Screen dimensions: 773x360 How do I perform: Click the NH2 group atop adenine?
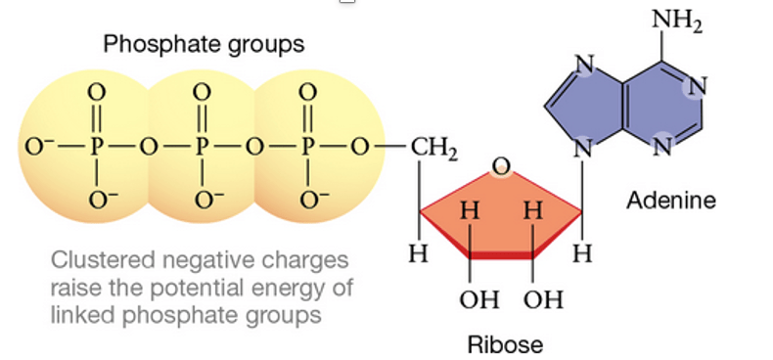pyautogui.click(x=677, y=22)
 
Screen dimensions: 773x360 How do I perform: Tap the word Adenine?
pyautogui.click(x=671, y=201)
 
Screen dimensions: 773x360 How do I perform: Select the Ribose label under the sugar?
pyautogui.click(x=505, y=344)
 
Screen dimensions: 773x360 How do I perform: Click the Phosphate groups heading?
pyautogui.click(x=204, y=45)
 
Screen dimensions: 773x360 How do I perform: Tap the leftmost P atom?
pyautogui.click(x=97, y=148)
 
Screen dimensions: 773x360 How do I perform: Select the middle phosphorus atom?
pyautogui.click(x=203, y=148)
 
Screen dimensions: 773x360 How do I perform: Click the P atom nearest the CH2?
pyautogui.click(x=308, y=148)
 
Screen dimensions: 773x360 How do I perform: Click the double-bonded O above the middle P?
pyautogui.click(x=203, y=91)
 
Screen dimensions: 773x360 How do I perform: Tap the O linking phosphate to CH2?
pyautogui.click(x=361, y=148)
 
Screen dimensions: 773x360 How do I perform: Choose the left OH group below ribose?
pyautogui.click(x=479, y=299)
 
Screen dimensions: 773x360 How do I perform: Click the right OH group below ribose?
pyautogui.click(x=543, y=299)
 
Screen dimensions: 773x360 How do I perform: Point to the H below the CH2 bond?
pyautogui.click(x=419, y=253)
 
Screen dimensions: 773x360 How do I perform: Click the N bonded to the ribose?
pyautogui.click(x=583, y=148)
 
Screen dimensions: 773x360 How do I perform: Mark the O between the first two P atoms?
pyautogui.click(x=149, y=148)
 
